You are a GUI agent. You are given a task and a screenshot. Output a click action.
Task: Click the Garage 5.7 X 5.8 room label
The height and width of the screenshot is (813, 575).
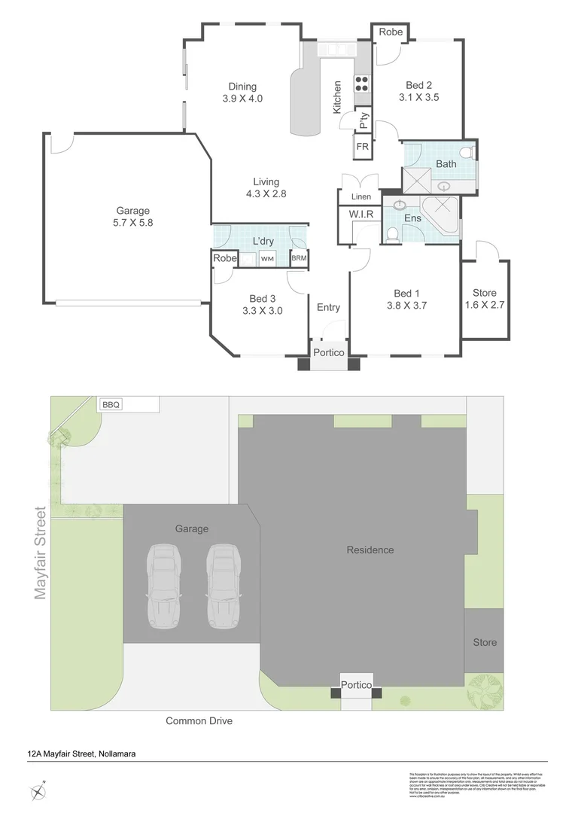[x=132, y=217]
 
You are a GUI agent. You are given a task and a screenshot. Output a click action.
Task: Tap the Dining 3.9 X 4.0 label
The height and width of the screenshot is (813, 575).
[x=242, y=92]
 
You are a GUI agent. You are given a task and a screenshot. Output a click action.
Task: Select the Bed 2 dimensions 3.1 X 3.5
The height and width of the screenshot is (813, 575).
[x=418, y=97]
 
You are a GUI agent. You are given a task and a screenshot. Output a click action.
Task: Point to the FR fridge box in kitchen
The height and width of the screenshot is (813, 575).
[x=363, y=147]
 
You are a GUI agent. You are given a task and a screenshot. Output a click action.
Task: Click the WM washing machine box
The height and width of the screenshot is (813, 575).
[x=267, y=259]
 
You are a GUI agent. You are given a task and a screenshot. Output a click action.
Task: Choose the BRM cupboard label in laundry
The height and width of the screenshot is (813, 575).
[x=299, y=259]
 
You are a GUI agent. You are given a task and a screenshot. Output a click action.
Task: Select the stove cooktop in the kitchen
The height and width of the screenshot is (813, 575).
[x=362, y=84]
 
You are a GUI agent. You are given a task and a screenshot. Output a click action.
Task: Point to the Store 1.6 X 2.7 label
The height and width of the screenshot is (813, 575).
[x=485, y=299]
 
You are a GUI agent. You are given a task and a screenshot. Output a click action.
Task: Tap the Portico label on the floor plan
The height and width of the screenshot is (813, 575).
[x=328, y=352]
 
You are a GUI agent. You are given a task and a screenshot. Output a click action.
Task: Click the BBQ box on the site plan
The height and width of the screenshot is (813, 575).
[x=111, y=404]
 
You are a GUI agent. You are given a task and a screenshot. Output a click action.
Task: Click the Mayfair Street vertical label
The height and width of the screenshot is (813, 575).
[x=41, y=553]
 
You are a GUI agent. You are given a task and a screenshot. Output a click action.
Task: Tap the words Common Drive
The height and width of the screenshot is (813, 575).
[x=199, y=721]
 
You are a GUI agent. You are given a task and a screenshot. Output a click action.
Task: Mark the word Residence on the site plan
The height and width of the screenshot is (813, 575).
[x=370, y=550]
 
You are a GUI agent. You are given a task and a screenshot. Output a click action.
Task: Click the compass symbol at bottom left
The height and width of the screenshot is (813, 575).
[x=38, y=791]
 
